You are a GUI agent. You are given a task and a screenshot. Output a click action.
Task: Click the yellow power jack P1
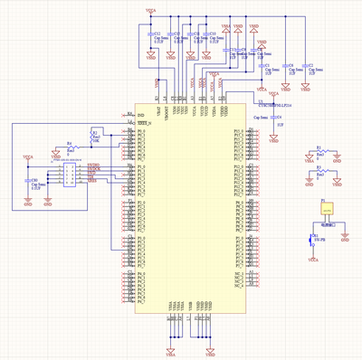(325, 207)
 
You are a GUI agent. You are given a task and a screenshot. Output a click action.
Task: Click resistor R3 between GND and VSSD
(318, 173)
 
